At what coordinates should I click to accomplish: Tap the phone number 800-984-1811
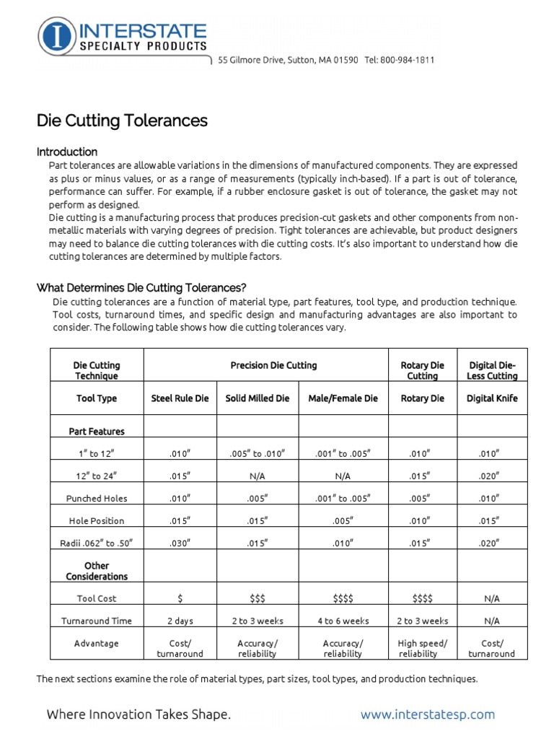(x=408, y=60)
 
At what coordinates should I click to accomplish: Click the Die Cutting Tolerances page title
(x=122, y=121)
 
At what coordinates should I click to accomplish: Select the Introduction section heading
(x=67, y=152)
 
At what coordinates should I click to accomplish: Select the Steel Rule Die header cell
(x=180, y=398)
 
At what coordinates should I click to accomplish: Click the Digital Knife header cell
(x=492, y=398)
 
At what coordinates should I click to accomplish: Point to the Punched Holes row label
(x=96, y=498)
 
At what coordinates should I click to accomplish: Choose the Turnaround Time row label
(x=96, y=621)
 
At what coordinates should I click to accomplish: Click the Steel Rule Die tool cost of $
(x=180, y=598)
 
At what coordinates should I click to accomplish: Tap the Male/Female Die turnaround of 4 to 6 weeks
(x=343, y=621)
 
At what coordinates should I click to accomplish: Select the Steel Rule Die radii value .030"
(x=180, y=543)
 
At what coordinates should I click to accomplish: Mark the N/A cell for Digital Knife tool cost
(x=492, y=598)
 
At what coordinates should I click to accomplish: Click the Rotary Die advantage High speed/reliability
(x=423, y=648)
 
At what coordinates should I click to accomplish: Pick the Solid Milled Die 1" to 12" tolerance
(x=257, y=453)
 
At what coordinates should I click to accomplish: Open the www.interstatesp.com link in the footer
(x=428, y=714)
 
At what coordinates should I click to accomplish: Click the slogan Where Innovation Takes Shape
(x=138, y=714)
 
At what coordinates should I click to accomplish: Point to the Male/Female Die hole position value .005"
(x=343, y=520)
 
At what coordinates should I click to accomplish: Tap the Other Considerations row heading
(x=96, y=571)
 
